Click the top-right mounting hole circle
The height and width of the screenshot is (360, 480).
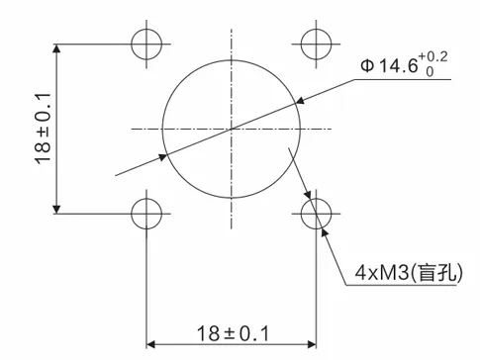tap(316, 45)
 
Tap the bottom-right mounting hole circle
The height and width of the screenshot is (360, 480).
tap(316, 213)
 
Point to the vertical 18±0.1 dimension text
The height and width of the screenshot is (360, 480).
tap(41, 129)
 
